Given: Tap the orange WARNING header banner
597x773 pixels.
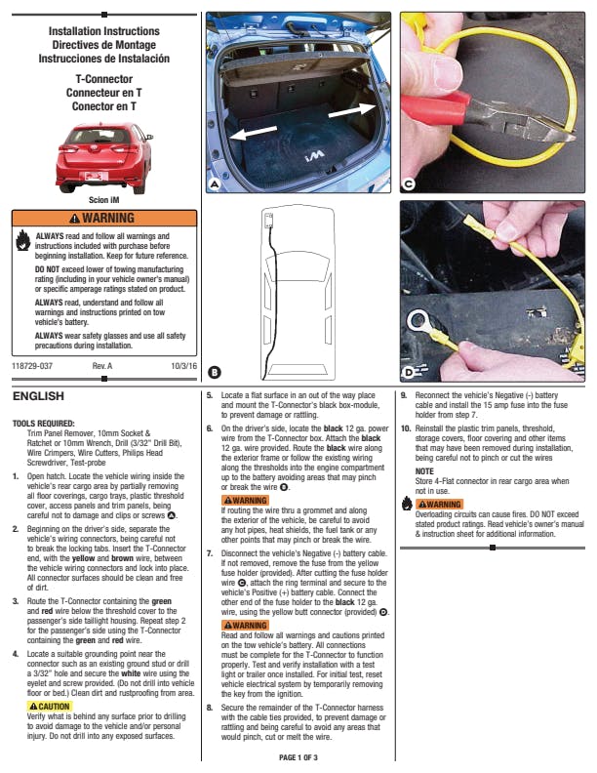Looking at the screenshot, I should coord(103,218).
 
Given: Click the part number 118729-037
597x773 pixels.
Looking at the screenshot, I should coord(32,365).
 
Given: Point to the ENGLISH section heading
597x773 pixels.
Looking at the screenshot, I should coord(38,396).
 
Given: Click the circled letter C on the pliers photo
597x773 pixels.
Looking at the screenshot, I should coord(408,183).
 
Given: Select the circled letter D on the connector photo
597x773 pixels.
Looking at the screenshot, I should coord(408,372).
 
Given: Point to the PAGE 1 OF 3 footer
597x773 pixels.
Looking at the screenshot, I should coord(298,756).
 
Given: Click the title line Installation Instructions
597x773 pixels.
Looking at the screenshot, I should coord(103,32).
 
